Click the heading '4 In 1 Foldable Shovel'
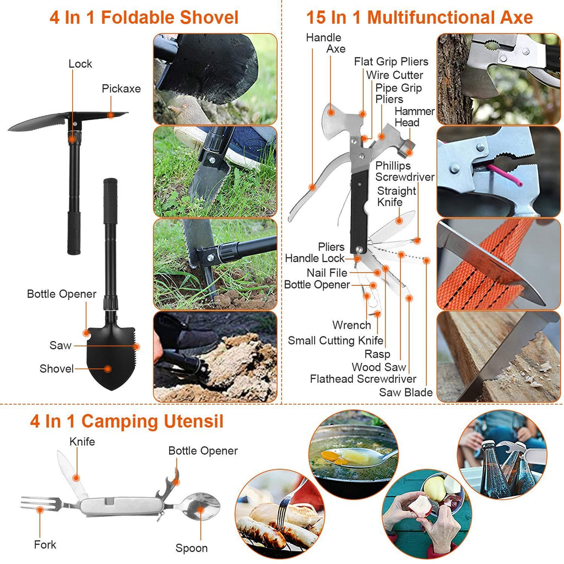pyautogui.click(x=144, y=17)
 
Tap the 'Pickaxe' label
pyautogui.click(x=121, y=89)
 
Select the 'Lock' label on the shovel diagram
pyautogui.click(x=80, y=64)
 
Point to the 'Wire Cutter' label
pyautogui.click(x=394, y=75)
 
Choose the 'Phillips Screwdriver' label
pyautogui.click(x=405, y=171)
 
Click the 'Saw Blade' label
pyautogui.click(x=405, y=393)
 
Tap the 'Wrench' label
pyautogui.click(x=351, y=326)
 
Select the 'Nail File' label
pyautogui.click(x=327, y=273)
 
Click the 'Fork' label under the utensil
pyautogui.click(x=45, y=545)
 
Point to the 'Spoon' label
pyautogui.click(x=192, y=548)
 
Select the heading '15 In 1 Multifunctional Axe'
pyautogui.click(x=419, y=17)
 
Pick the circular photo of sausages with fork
pyautogui.click(x=279, y=512)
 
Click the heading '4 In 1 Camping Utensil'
pyautogui.click(x=127, y=422)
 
